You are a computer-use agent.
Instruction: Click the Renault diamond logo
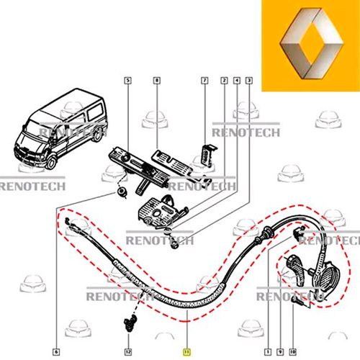coord(311,43)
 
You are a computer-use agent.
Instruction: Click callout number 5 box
coord(128,80)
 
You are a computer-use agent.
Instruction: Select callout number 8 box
coord(157,80)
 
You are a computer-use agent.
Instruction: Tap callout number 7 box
coord(204,80)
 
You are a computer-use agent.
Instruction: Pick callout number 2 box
coord(224,80)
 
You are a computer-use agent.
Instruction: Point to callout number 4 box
coord(237,80)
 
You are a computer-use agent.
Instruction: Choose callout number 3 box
coord(249,80)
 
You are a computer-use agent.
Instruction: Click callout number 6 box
coord(56,352)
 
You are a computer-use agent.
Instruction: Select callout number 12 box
coord(128,352)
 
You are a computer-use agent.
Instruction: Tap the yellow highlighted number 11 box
coord(186,352)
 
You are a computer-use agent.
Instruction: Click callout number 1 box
coord(268,352)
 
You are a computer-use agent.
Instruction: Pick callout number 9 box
coord(280,352)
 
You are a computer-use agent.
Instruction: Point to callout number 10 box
coord(292,352)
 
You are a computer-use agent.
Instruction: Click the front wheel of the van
coord(51,163)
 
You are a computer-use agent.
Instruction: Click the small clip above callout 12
coord(130,324)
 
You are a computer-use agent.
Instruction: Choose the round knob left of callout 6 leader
coord(121,192)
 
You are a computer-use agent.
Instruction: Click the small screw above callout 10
coord(297,300)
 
